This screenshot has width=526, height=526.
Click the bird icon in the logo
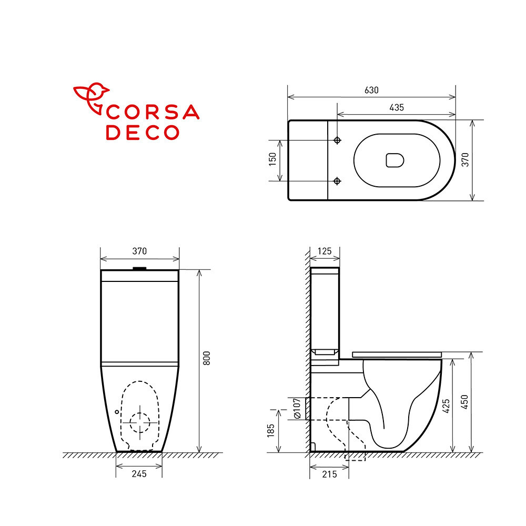90,97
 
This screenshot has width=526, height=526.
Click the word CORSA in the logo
153,112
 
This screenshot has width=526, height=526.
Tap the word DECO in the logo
143,132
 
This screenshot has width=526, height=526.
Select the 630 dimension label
371,90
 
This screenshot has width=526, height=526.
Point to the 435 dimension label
397,108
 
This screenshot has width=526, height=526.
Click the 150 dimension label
272,159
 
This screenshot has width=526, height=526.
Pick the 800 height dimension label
207,358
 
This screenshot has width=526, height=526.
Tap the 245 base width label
139,474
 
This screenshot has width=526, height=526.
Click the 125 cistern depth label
325,251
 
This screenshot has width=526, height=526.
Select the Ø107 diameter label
297,408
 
